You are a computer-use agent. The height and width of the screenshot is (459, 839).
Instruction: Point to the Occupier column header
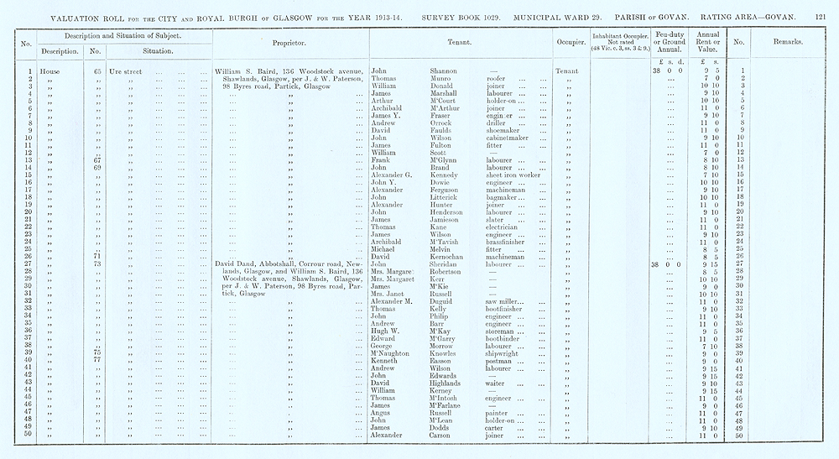pyautogui.click(x=569, y=41)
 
